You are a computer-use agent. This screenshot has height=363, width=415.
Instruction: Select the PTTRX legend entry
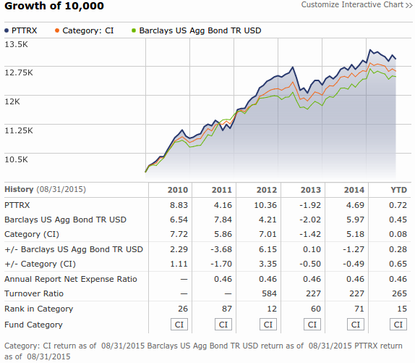pyautogui.click(x=25, y=31)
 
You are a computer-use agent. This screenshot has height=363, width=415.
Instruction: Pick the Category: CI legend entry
pyautogui.click(x=87, y=31)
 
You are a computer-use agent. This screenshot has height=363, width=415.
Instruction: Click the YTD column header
pyautogui.click(x=398, y=190)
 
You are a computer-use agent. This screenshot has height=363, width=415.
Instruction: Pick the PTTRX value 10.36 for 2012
pyautogui.click(x=268, y=205)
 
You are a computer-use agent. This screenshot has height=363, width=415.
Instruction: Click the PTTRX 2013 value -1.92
pyautogui.click(x=312, y=205)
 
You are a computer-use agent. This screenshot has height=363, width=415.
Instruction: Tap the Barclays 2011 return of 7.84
pyautogui.click(x=223, y=220)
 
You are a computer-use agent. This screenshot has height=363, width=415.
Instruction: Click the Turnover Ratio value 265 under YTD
pyautogui.click(x=400, y=293)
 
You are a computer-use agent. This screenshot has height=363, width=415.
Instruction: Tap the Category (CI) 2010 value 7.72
pyautogui.click(x=178, y=234)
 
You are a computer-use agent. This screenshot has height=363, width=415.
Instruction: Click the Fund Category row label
pyautogui.click(x=34, y=325)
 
